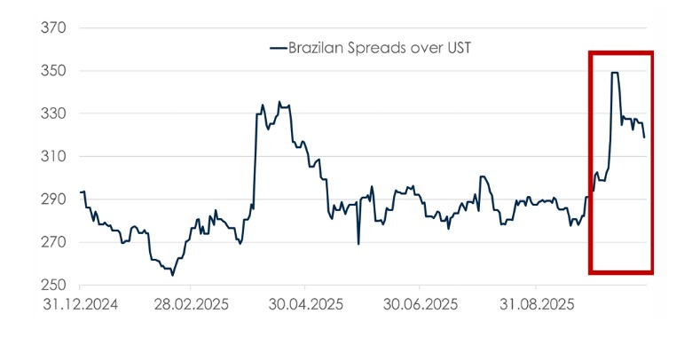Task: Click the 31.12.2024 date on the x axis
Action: click(x=79, y=304)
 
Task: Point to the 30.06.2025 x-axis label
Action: click(x=420, y=304)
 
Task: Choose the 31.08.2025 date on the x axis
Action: click(x=535, y=304)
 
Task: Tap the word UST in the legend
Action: click(x=454, y=48)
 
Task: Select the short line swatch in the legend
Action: click(x=277, y=48)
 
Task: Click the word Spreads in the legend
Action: click(x=377, y=48)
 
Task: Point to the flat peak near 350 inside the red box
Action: click(x=614, y=73)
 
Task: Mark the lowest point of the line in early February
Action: click(x=172, y=275)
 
